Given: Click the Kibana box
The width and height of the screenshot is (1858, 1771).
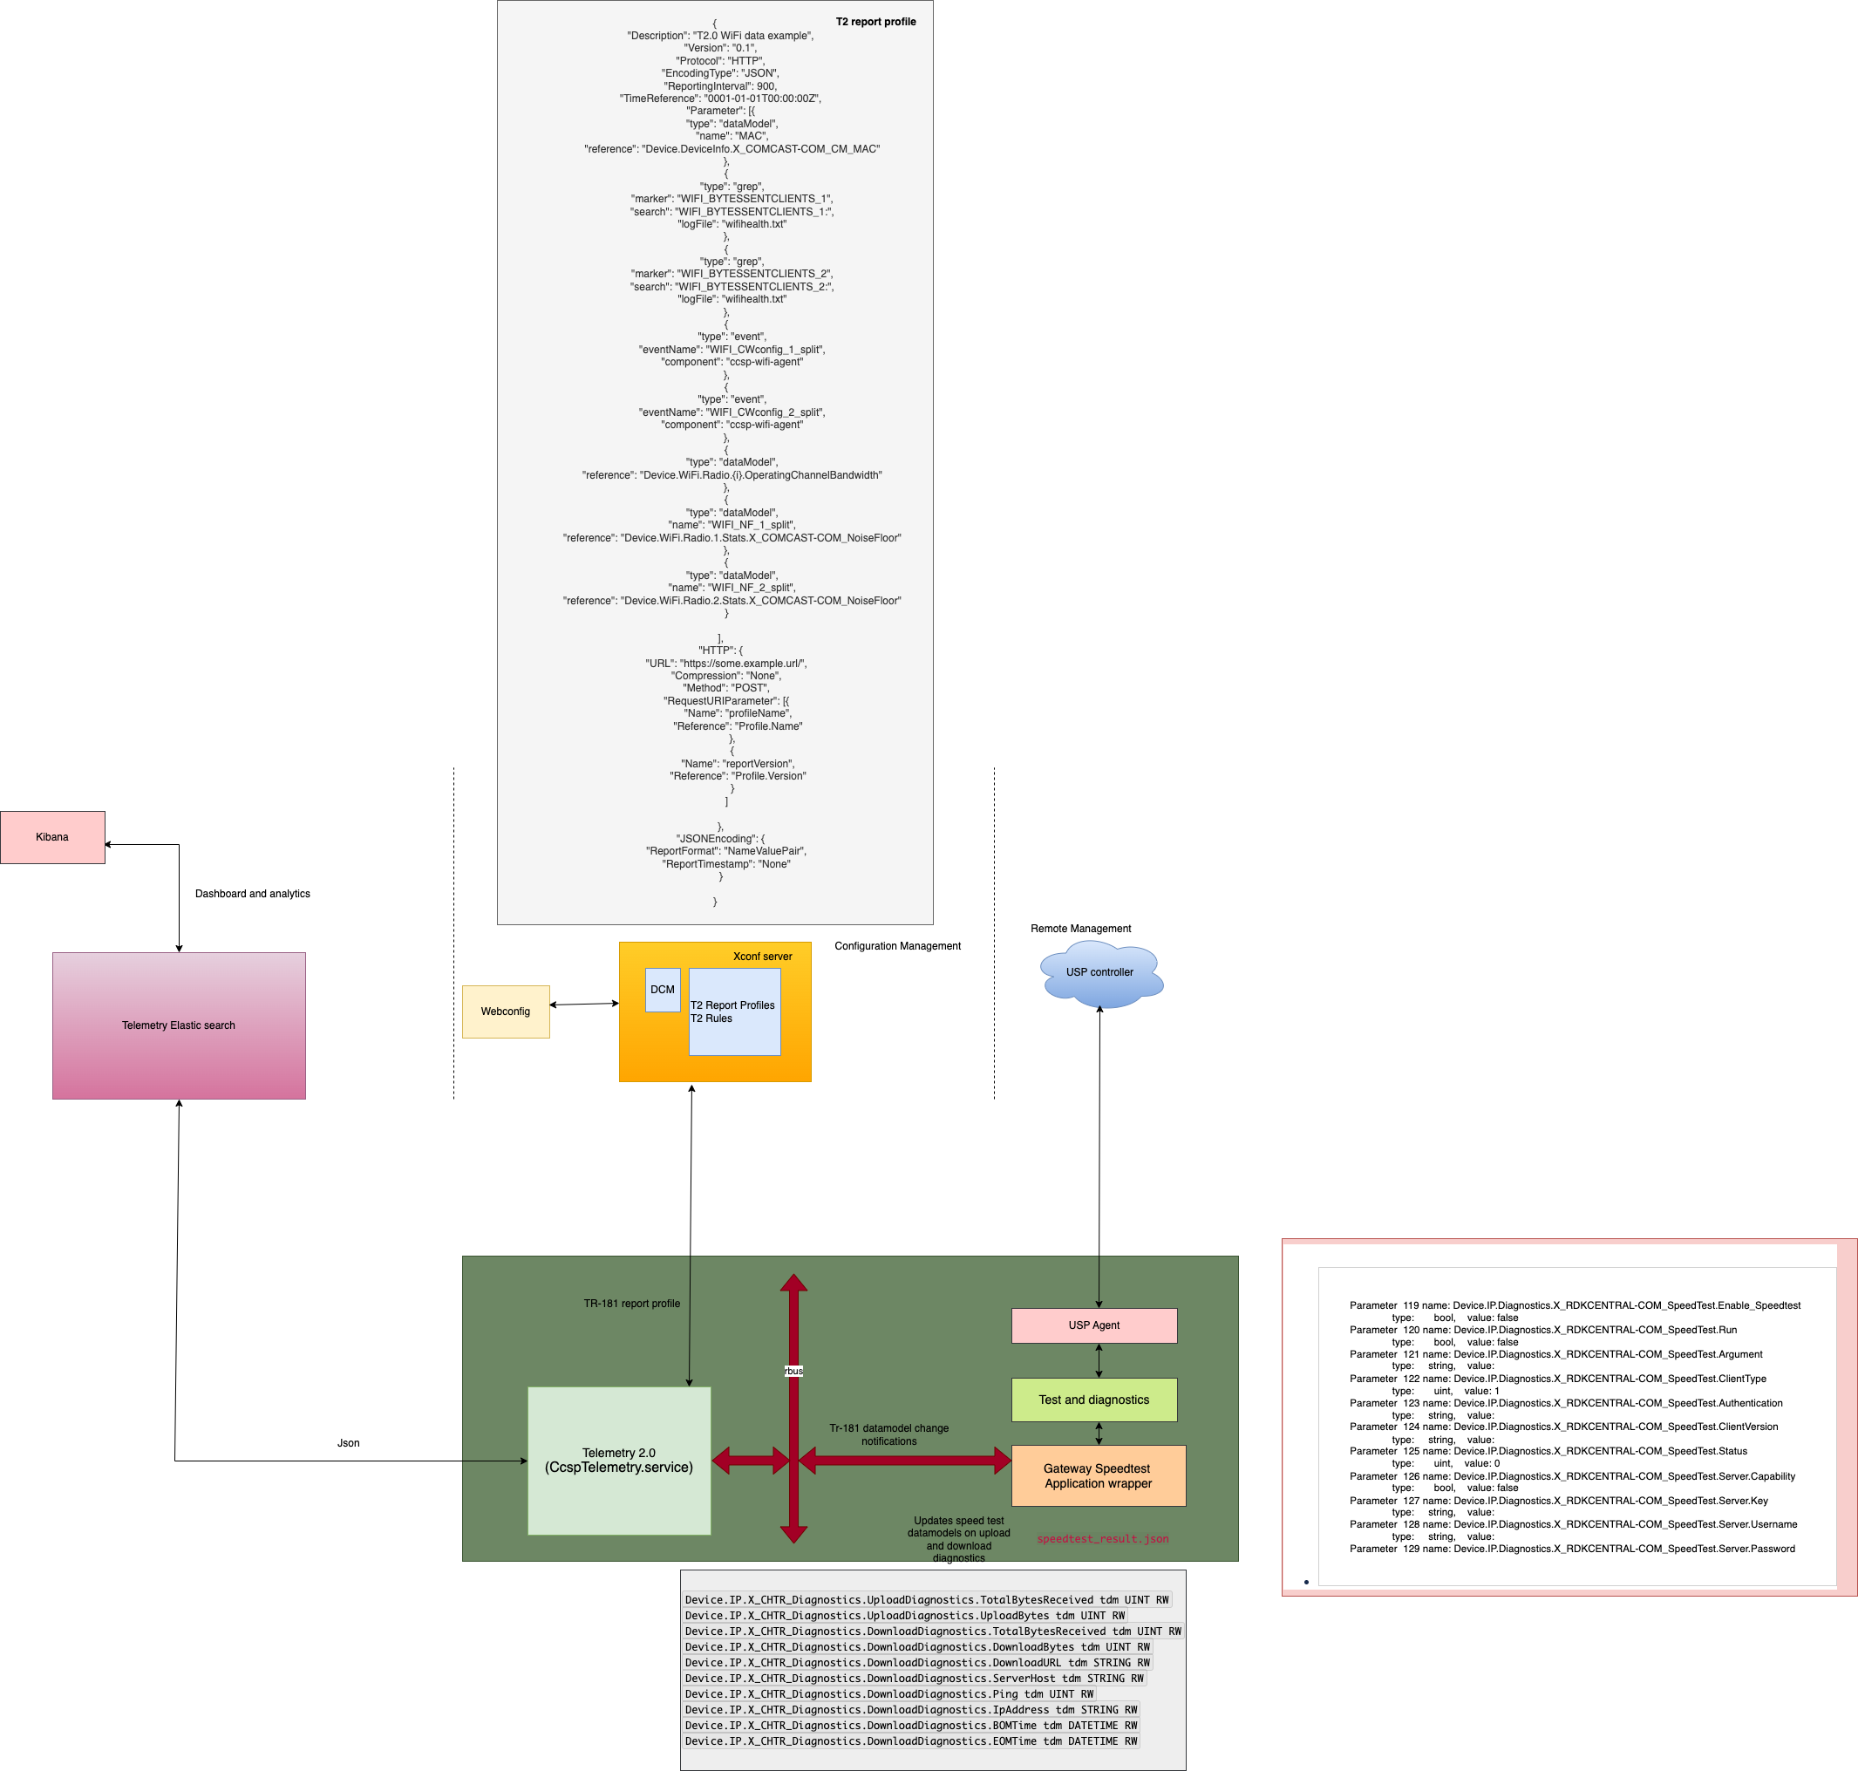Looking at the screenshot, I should click(53, 837).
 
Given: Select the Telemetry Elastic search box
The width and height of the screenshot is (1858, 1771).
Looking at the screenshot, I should click(179, 1025).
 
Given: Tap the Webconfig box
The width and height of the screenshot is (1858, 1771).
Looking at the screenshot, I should click(505, 1011).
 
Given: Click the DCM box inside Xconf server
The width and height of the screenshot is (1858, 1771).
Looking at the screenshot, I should click(663, 990).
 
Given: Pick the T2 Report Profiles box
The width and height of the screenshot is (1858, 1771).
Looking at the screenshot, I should click(734, 1012).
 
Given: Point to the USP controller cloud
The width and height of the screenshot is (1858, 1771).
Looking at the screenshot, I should click(1099, 972).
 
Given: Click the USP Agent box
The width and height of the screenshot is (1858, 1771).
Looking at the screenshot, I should click(1094, 1325).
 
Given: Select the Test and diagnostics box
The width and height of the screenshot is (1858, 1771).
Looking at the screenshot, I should click(1094, 1400).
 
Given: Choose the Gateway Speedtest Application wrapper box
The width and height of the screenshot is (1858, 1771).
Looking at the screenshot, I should click(1098, 1475).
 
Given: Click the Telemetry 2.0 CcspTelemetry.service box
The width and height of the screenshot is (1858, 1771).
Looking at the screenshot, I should click(619, 1461).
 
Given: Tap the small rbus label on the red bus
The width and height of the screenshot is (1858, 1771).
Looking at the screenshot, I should click(794, 1371).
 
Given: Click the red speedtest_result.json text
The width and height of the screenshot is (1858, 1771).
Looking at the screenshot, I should click(1103, 1539).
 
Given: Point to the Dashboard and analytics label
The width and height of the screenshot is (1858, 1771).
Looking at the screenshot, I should click(252, 894).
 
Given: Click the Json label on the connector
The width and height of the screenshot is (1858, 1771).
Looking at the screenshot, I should click(349, 1443).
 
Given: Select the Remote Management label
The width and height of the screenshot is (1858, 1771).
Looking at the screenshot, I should click(1081, 929).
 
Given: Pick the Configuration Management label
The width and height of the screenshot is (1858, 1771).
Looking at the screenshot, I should click(898, 946).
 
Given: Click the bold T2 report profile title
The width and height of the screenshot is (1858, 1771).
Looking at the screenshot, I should click(876, 22).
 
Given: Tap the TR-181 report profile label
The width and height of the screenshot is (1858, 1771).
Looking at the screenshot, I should click(631, 1304).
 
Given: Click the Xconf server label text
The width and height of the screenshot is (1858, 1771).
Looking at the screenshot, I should click(763, 957).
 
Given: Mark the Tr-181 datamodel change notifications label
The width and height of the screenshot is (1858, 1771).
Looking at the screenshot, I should click(889, 1435).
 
